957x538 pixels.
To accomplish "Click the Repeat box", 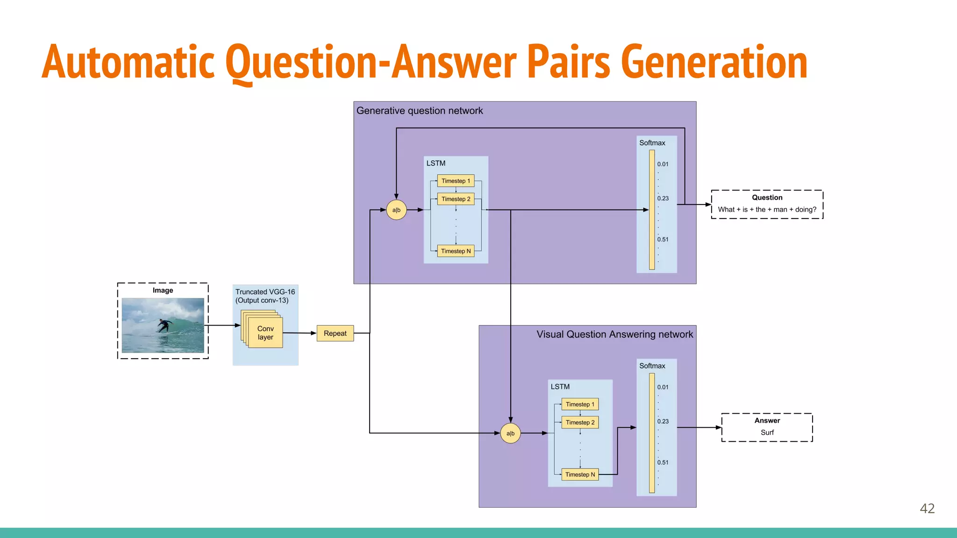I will (335, 333).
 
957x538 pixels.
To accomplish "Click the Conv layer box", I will (265, 333).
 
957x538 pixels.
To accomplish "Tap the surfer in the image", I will (163, 325).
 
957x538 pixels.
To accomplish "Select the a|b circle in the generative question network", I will (396, 210).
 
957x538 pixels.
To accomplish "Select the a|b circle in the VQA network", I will (510, 433).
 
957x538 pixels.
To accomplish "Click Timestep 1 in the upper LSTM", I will (456, 181).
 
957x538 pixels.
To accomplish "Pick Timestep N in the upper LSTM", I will (456, 251).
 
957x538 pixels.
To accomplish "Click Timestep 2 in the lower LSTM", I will (580, 423).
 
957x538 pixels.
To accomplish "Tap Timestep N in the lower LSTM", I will (580, 474).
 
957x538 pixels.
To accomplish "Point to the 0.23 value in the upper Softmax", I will (663, 198).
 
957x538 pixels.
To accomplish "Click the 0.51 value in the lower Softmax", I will (663, 462).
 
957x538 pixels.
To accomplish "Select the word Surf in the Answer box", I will (767, 432).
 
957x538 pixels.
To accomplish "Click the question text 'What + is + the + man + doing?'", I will (767, 210).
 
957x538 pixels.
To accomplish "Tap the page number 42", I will (927, 508).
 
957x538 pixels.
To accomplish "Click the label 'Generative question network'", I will (420, 111).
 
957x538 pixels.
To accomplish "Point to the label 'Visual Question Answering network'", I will (614, 334).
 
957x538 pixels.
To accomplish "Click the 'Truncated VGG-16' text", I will (265, 292).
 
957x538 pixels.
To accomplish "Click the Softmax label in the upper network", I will (652, 143).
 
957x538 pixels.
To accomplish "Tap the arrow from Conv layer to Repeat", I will (300, 333).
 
